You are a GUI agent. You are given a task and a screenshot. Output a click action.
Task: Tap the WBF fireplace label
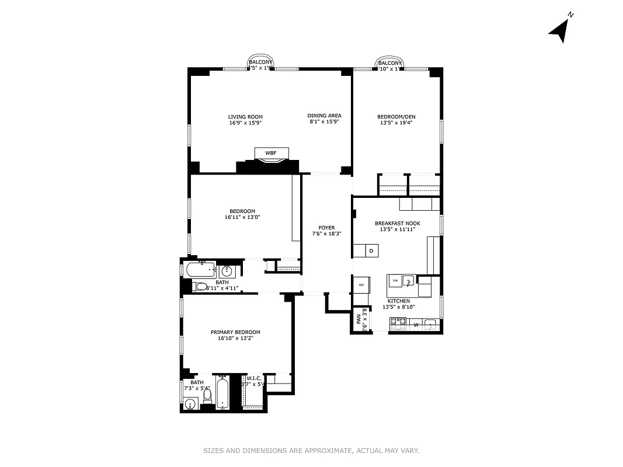[270, 153]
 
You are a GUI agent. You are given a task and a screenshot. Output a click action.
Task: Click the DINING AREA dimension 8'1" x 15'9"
[324, 122]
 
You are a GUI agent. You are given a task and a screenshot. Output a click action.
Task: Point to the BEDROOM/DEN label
[396, 116]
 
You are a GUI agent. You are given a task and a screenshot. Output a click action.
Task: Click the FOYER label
[326, 228]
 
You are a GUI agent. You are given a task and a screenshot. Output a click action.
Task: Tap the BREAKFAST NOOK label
[397, 223]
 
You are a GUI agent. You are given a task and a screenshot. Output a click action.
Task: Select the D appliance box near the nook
[372, 251]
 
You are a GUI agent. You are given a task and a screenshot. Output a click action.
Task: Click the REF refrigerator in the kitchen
[361, 284]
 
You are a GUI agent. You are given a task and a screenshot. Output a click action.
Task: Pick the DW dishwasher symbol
[395, 281]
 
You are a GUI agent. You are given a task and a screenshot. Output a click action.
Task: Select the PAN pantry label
[359, 320]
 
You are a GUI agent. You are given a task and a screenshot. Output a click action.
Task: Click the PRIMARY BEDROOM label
[235, 332]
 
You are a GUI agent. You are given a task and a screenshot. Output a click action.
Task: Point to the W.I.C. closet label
[253, 378]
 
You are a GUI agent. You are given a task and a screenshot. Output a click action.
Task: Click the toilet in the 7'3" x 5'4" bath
[207, 395]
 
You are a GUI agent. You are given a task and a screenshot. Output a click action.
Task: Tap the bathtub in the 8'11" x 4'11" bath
[200, 270]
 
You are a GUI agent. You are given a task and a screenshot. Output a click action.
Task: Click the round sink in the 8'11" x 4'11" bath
[227, 271]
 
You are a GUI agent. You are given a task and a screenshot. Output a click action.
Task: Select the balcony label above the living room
[260, 62]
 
